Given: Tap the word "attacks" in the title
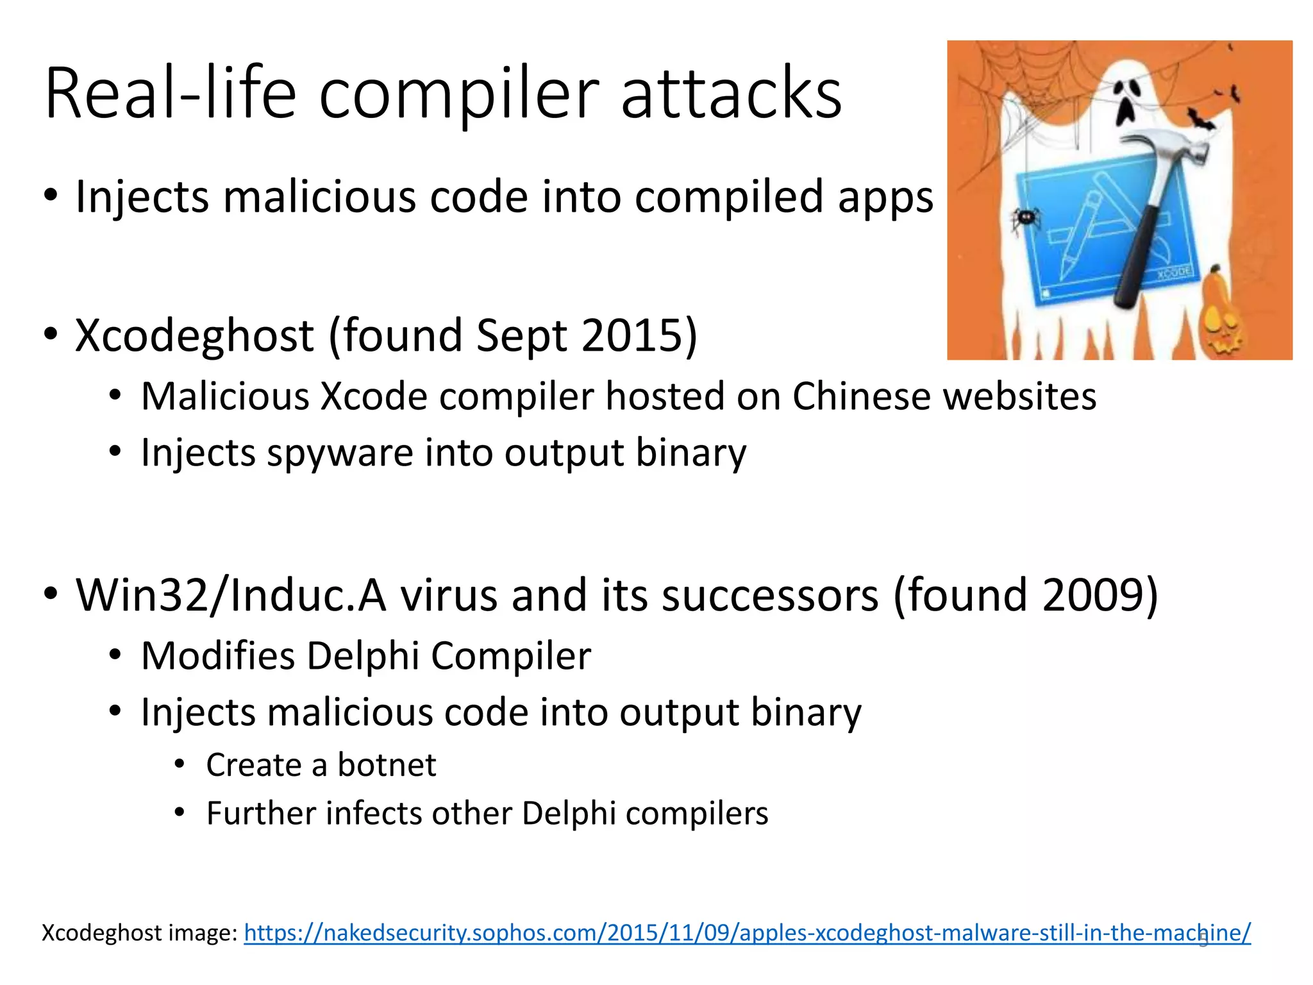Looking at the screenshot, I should [731, 95].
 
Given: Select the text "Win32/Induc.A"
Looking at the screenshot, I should [231, 595].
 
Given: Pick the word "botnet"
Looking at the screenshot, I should [387, 765].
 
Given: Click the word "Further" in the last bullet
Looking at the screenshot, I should [261, 813].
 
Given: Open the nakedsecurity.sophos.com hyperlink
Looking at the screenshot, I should [747, 932].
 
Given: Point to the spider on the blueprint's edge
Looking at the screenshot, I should [1024, 219].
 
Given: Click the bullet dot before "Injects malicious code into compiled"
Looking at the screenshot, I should [51, 195].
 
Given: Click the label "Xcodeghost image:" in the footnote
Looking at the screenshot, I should [140, 932].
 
